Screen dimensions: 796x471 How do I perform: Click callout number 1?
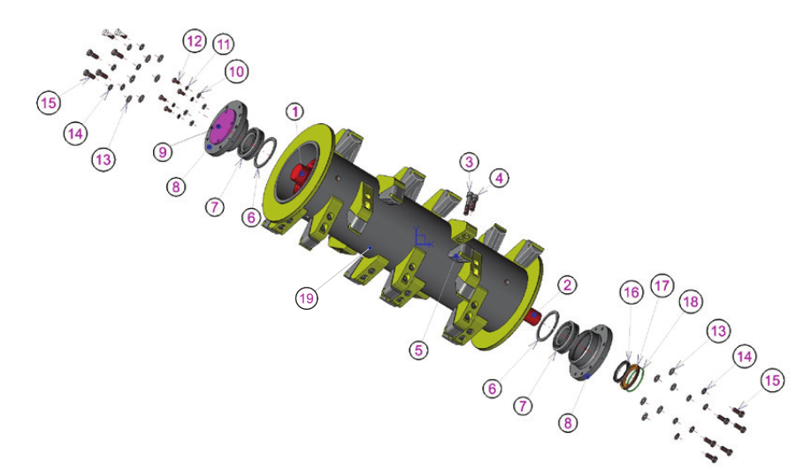(295, 112)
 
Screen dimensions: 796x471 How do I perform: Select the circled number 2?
(567, 285)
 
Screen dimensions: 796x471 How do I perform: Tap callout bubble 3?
(469, 162)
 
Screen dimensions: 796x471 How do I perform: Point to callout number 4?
(500, 178)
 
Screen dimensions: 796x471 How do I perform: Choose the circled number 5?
(419, 350)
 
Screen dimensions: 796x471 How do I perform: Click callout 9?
(163, 152)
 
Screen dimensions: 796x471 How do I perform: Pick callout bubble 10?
(236, 72)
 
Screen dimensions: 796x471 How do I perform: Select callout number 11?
(224, 45)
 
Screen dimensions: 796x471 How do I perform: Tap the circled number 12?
(195, 41)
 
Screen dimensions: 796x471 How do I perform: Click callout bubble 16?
(631, 293)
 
